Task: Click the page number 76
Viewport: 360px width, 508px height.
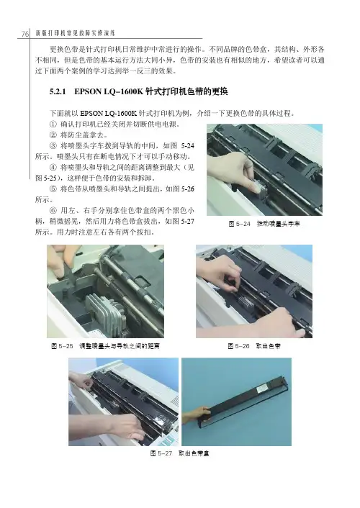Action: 25,34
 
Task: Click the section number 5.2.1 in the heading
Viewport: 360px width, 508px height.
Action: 58,91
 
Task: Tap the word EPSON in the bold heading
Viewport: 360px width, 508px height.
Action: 88,91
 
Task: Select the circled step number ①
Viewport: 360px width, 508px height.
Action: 53,124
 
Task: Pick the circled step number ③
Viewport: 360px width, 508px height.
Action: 53,146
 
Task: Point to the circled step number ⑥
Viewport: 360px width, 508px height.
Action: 53,211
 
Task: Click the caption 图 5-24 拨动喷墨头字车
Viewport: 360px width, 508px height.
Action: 264,224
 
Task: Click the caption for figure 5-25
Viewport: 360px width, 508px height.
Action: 105,346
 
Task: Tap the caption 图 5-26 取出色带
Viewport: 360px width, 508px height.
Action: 254,346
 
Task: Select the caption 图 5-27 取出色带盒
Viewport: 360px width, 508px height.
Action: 180,453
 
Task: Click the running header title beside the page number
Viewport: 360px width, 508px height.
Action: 76,33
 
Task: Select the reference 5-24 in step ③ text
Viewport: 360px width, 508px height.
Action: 187,146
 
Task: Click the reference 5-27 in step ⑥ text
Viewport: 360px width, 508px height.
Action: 187,222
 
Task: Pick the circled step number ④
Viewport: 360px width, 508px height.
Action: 53,168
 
